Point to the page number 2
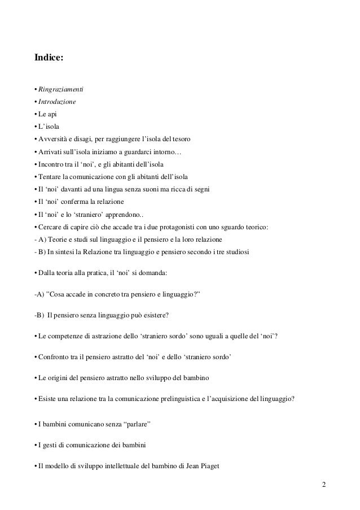tap(323, 485)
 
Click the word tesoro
tap(181, 139)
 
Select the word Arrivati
tap(50, 151)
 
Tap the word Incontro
tap(51, 164)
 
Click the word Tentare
tap(51, 176)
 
